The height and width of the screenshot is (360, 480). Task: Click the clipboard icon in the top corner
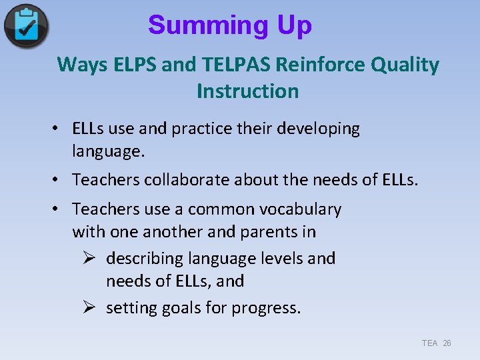[26, 26]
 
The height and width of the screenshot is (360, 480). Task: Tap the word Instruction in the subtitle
[247, 91]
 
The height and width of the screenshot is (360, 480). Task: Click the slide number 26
[447, 343]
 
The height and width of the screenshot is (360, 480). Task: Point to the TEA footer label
[429, 343]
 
